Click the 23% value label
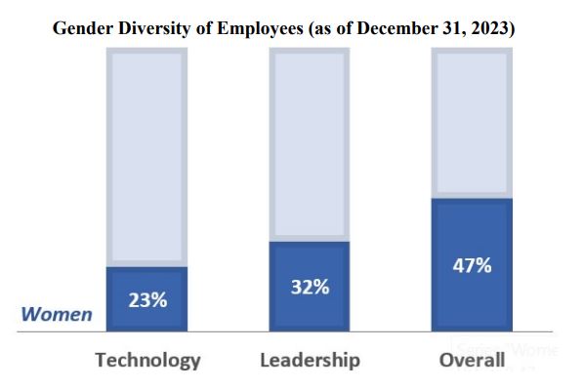coord(147,300)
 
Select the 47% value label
coord(471,265)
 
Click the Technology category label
coord(147,360)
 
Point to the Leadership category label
coord(310,360)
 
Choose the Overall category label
coord(472,360)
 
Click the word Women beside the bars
coord(58,315)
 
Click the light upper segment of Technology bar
coord(147,156)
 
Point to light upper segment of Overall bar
coord(471,122)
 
